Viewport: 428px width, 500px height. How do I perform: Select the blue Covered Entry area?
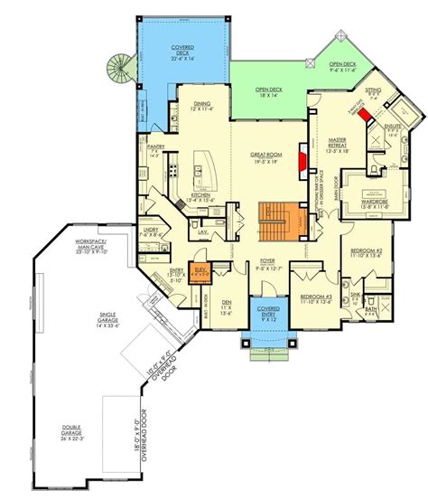(268, 316)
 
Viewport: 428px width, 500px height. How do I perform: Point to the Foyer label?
(268, 264)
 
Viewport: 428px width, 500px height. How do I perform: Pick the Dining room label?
(202, 106)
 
